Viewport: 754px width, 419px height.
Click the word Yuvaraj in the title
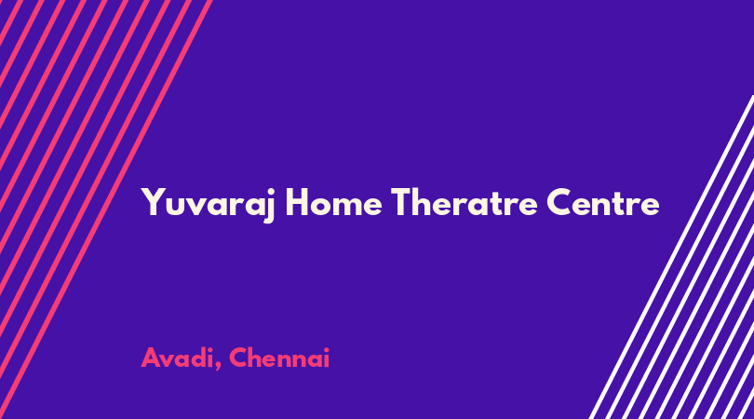(x=208, y=205)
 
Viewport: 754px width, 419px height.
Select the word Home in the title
(x=334, y=203)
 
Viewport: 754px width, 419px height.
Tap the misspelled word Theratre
(x=465, y=203)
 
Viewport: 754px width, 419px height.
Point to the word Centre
(x=603, y=203)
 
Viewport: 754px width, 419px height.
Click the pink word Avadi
(x=177, y=358)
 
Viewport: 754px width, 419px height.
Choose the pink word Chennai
(x=279, y=358)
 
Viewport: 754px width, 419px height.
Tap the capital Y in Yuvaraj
(x=153, y=203)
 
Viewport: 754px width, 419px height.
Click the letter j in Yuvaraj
(x=269, y=206)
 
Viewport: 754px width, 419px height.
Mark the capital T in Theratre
(x=402, y=203)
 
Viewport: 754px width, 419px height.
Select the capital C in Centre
(x=559, y=203)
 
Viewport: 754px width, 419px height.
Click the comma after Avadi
(x=218, y=367)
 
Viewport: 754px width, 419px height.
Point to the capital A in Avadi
(x=151, y=358)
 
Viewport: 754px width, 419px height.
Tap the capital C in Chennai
(x=239, y=358)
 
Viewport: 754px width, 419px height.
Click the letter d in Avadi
(x=198, y=358)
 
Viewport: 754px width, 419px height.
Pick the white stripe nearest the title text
(x=672, y=257)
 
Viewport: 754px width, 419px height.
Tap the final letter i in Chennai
(x=327, y=358)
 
